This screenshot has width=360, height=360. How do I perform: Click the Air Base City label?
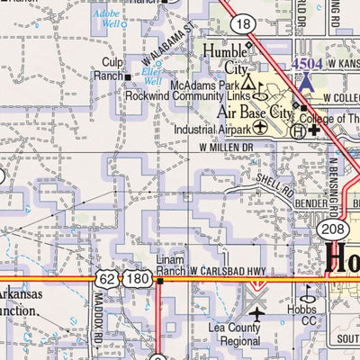(x=256, y=113)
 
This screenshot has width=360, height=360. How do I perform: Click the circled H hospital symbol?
(x=297, y=129)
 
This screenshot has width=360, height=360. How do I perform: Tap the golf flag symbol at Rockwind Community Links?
(x=260, y=92)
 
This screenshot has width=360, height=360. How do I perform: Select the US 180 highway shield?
(x=137, y=281)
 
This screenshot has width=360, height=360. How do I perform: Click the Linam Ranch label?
(x=170, y=265)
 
